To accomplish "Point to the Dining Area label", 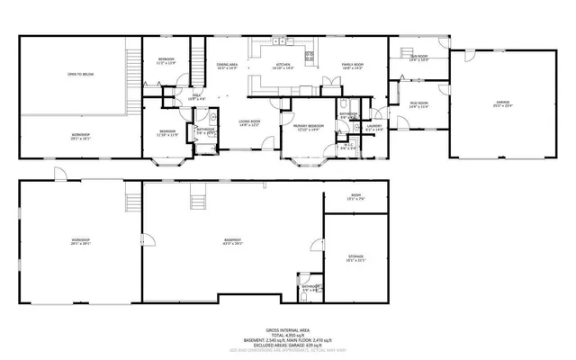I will [226, 66].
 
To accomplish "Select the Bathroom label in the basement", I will [310, 288].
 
